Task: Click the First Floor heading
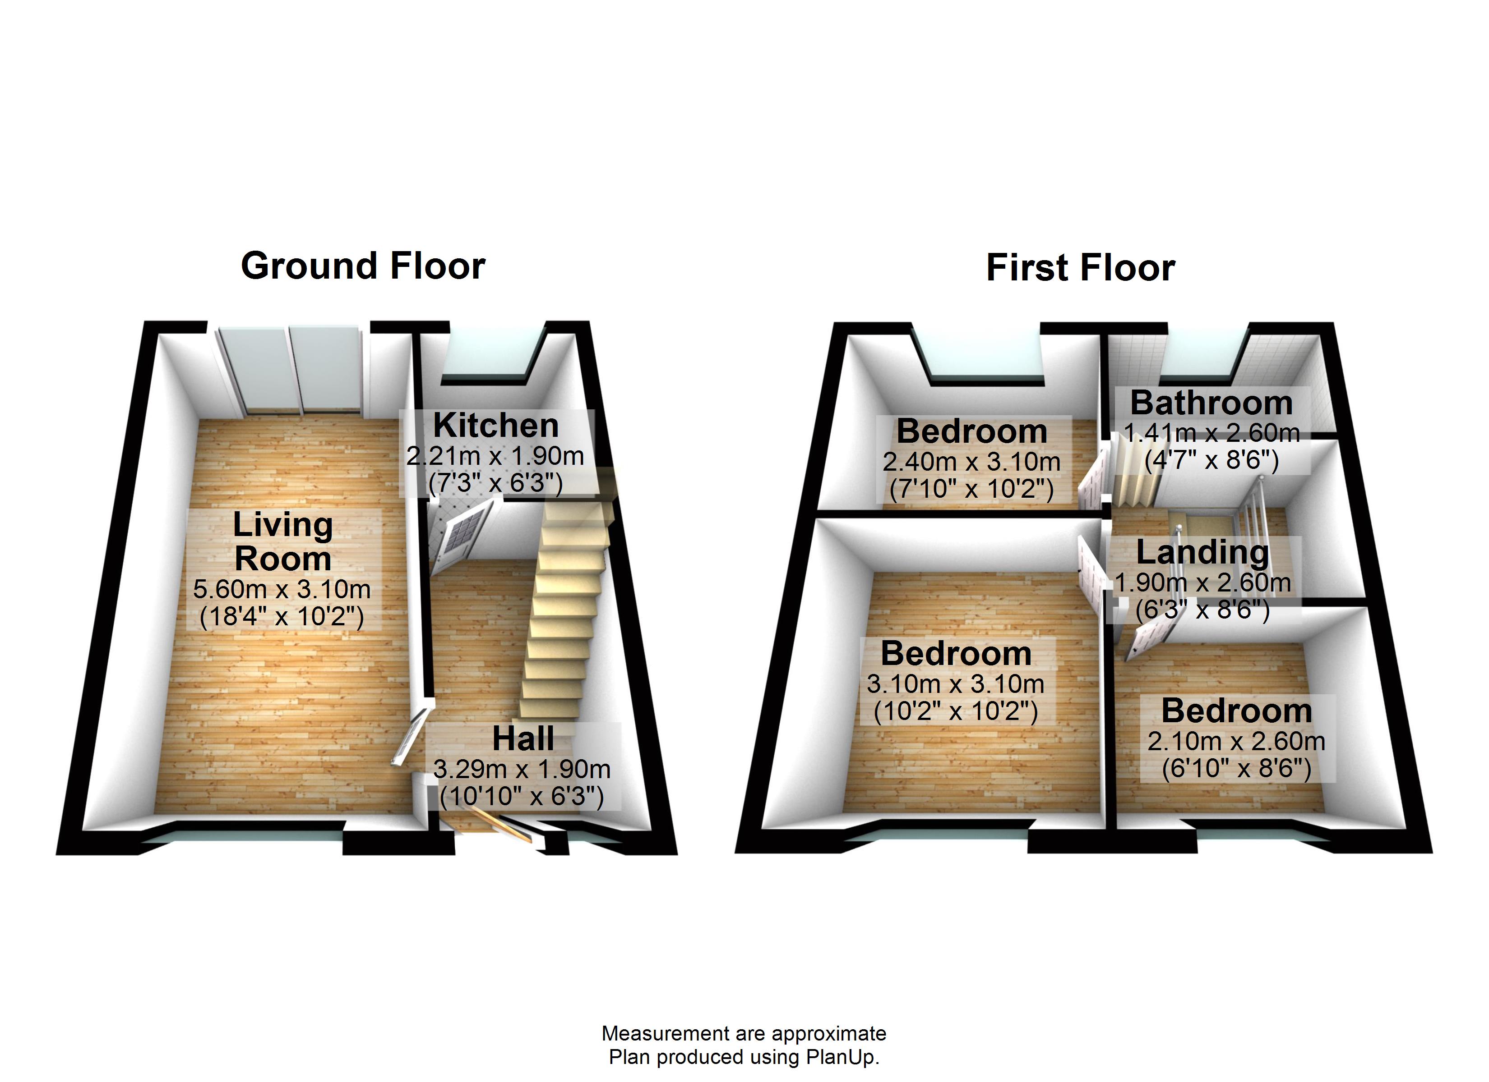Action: pyautogui.click(x=1080, y=268)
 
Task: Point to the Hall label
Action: pyautogui.click(x=523, y=739)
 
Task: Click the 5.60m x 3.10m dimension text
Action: pyautogui.click(x=282, y=589)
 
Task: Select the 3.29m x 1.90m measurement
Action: pyautogui.click(x=522, y=769)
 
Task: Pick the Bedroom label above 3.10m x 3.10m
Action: pyautogui.click(x=956, y=654)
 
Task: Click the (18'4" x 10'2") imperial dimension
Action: pyautogui.click(x=282, y=617)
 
